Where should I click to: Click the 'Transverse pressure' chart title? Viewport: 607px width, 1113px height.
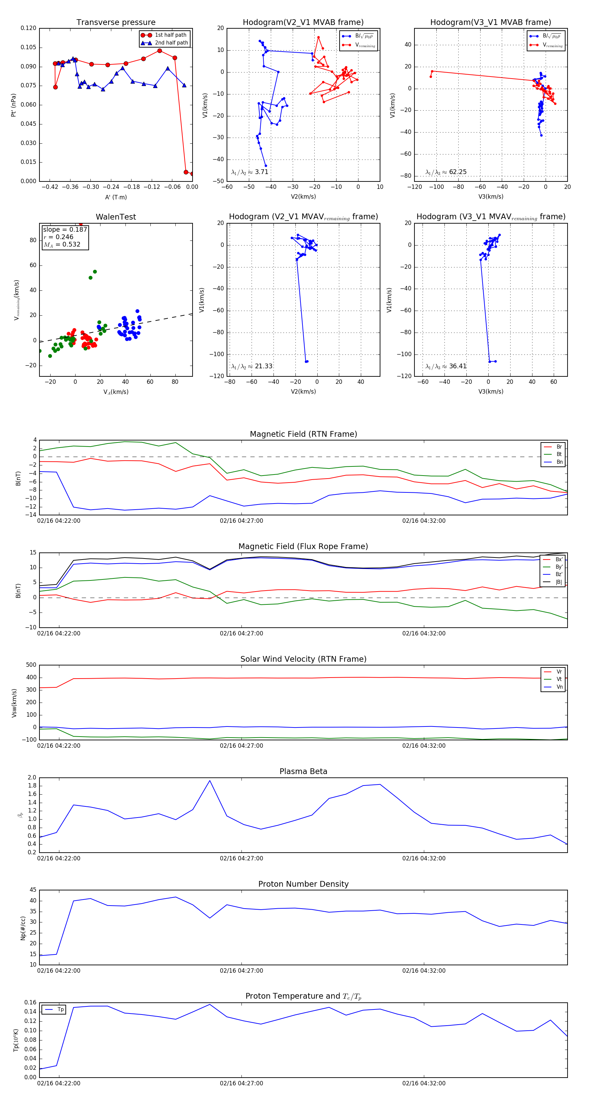(116, 23)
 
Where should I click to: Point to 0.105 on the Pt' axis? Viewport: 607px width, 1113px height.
(29, 47)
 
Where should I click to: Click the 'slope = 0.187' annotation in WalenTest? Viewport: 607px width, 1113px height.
(65, 229)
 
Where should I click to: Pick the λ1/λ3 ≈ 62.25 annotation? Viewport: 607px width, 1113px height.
(446, 172)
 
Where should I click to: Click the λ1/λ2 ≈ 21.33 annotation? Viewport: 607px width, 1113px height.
(252, 366)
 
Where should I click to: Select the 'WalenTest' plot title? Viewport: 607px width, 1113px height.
(116, 217)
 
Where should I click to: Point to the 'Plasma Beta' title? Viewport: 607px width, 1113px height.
(303, 771)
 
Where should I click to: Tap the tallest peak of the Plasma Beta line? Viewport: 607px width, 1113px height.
(210, 781)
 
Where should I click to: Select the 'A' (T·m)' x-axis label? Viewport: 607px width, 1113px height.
(116, 197)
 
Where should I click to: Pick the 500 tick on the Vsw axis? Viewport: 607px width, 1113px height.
(31, 665)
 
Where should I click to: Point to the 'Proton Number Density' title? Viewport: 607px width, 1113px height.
(303, 884)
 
